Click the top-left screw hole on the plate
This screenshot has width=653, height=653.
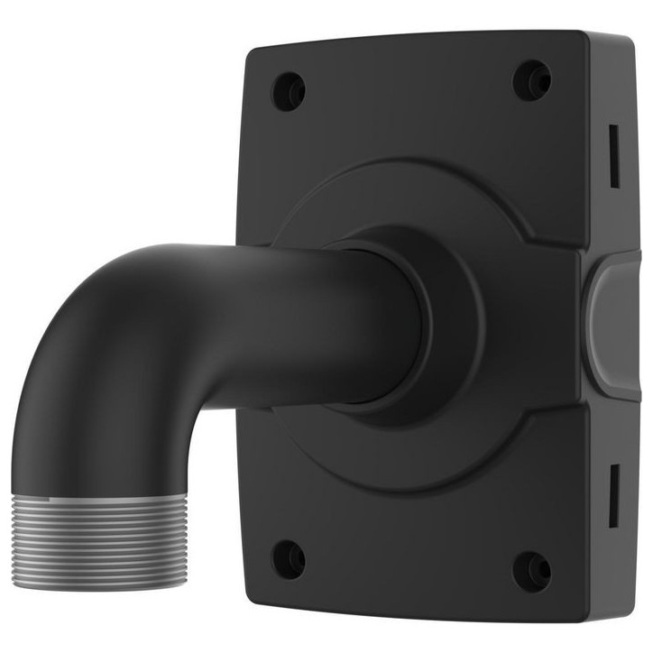point(289,90)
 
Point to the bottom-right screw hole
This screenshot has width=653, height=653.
point(531,569)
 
